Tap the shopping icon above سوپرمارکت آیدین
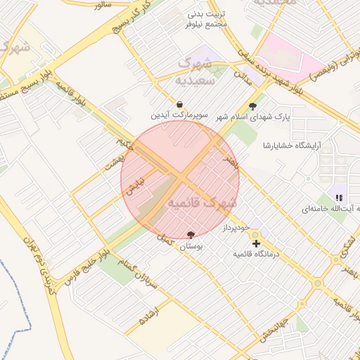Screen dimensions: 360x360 click(181, 103)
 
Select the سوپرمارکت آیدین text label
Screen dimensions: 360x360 click(179, 114)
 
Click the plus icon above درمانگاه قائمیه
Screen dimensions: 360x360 click(256, 243)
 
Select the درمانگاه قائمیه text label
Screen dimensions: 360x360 click(255, 254)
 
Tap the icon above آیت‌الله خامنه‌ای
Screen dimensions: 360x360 click(340, 198)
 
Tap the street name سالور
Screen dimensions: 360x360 click(102, 6)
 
